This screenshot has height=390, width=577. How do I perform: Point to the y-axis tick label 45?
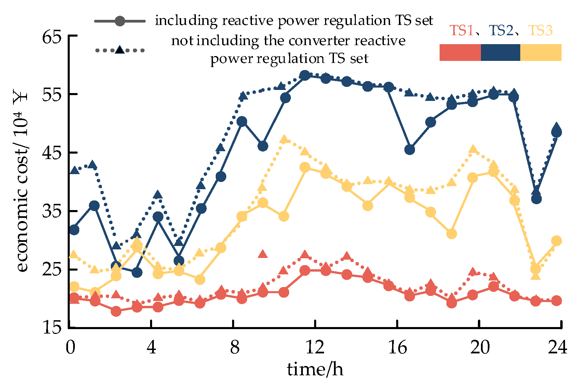[x=52, y=153]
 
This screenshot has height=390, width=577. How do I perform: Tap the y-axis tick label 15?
[x=52, y=328]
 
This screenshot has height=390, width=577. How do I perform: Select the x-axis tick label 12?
[x=314, y=348]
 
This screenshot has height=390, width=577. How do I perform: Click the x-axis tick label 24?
[x=558, y=348]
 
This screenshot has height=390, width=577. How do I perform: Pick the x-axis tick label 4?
[x=151, y=348]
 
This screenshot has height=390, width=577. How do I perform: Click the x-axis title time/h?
[x=315, y=369]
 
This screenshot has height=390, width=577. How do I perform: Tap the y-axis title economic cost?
[x=21, y=181]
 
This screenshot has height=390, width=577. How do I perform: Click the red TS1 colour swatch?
[x=460, y=52]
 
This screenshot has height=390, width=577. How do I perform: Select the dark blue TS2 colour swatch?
[x=500, y=52]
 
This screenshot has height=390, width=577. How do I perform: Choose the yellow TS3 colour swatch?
[x=541, y=52]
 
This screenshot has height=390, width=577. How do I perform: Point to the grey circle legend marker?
[x=120, y=21]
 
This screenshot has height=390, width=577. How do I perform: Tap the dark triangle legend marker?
[x=120, y=50]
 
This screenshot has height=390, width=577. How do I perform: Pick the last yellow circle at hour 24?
[x=556, y=240]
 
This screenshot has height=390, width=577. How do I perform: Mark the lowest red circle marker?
[x=116, y=311]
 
